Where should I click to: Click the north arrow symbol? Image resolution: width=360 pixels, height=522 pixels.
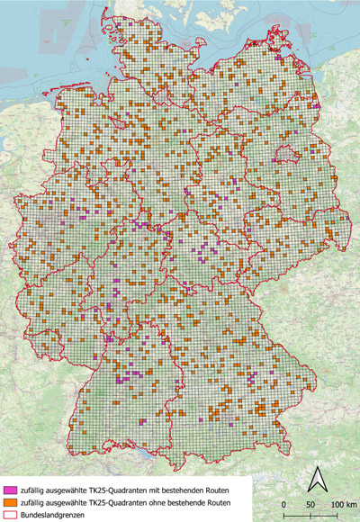(315, 479)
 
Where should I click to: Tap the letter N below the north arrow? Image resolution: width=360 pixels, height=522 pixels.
(315, 493)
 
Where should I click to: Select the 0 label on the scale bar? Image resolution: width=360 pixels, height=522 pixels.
(284, 505)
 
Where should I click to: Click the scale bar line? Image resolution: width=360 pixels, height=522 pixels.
(311, 514)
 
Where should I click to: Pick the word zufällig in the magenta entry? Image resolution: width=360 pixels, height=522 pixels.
(35, 488)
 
